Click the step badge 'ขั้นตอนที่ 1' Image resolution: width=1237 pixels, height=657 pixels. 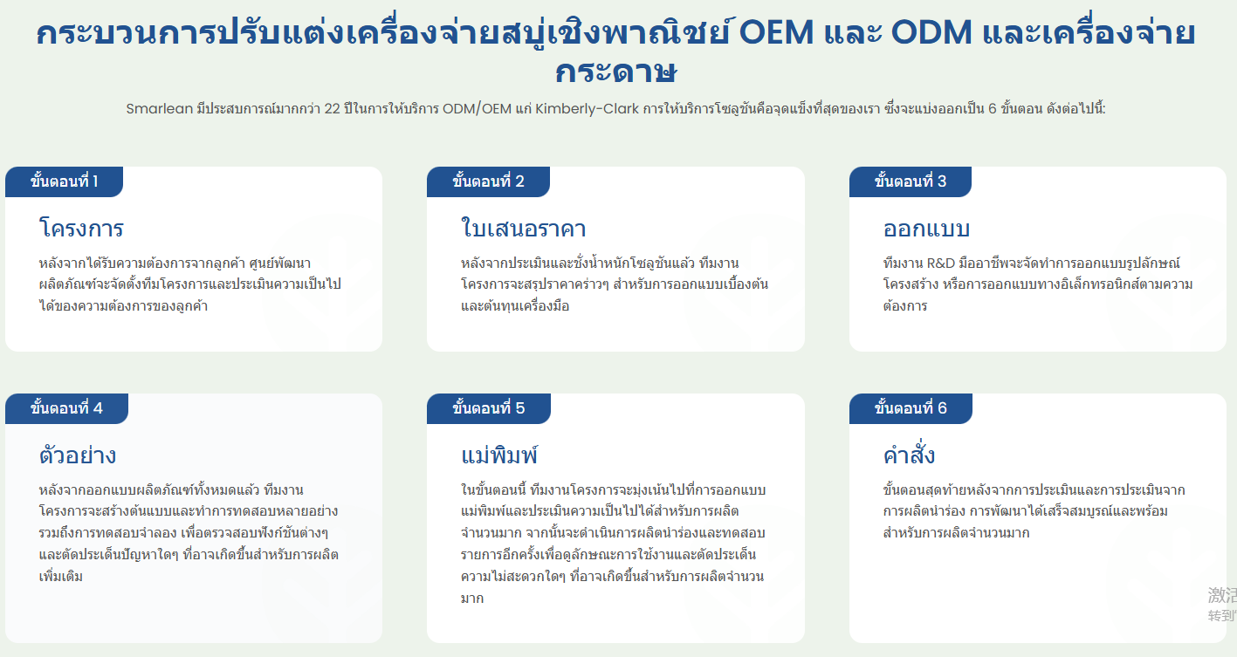(64, 181)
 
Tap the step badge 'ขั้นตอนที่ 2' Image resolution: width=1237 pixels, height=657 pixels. (488, 181)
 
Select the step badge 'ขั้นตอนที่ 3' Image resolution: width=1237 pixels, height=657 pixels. (911, 181)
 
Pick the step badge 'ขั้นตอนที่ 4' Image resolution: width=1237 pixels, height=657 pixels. (67, 408)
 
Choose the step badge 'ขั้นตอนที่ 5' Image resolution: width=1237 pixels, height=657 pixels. (489, 408)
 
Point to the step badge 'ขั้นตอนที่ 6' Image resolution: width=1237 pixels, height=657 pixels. (911, 408)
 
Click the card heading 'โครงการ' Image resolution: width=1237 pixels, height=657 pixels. (81, 228)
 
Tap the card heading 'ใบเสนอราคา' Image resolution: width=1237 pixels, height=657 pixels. (523, 228)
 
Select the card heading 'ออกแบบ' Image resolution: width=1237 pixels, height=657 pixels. (926, 229)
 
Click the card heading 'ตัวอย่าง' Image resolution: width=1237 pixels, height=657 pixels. (78, 455)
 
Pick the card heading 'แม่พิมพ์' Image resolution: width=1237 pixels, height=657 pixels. (499, 455)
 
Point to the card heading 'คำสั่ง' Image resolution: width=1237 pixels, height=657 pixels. (909, 454)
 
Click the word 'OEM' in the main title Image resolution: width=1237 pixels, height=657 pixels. (776, 32)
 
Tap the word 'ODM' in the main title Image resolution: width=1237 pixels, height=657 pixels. (931, 32)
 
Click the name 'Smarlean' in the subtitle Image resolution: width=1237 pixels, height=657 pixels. (160, 109)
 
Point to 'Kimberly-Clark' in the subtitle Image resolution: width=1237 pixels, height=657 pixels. (587, 109)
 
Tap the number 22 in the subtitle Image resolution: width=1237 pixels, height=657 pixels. (332, 109)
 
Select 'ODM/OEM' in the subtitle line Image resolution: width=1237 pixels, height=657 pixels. (478, 109)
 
